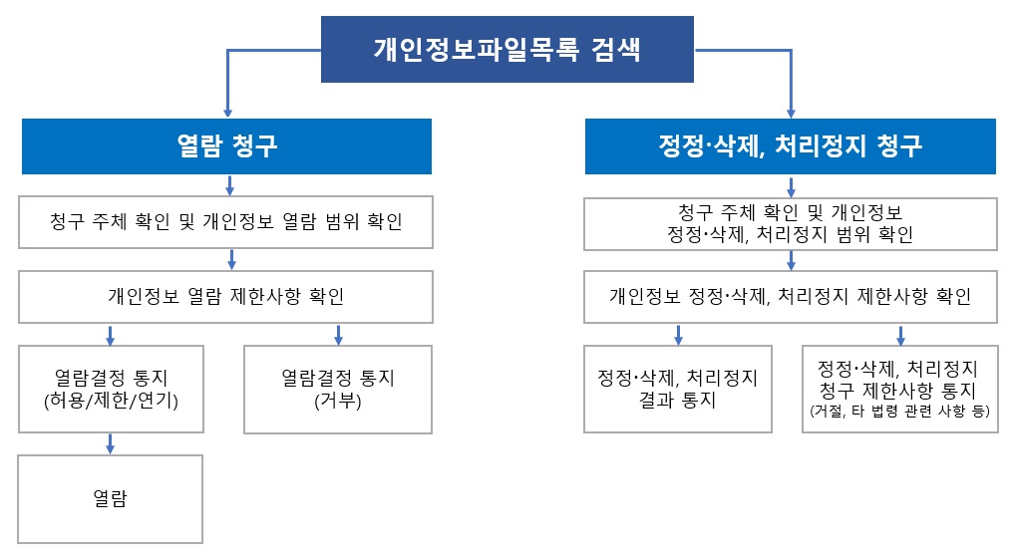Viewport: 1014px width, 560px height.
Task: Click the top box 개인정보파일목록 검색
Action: (x=507, y=49)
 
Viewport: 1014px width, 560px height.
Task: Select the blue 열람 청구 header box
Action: (x=226, y=146)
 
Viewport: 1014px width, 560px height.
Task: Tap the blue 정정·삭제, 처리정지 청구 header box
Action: (x=791, y=146)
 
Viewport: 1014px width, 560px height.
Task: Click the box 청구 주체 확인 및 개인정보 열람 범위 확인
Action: (x=225, y=222)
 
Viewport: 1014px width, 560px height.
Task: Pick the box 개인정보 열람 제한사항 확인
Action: (x=225, y=296)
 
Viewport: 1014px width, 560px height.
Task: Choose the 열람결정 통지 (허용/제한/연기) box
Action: (x=112, y=389)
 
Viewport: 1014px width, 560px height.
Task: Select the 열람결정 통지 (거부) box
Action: (x=338, y=389)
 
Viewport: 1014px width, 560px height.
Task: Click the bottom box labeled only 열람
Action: (x=110, y=498)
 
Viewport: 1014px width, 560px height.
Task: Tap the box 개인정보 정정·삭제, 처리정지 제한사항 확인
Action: (x=791, y=296)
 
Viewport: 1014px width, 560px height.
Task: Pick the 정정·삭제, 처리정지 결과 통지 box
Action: (x=678, y=389)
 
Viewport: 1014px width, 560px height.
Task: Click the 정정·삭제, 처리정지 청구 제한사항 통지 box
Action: (x=899, y=389)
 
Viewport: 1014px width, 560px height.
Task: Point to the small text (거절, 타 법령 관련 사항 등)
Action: (x=899, y=411)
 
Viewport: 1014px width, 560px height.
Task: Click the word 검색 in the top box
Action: (x=615, y=50)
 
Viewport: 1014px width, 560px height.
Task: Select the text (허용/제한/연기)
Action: (x=112, y=401)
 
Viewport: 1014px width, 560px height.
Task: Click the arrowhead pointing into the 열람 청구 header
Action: (x=227, y=113)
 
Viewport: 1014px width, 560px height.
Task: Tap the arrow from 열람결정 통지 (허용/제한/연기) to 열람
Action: (x=110, y=443)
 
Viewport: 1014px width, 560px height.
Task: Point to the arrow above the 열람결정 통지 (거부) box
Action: (x=338, y=335)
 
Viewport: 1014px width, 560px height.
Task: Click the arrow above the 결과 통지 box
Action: (x=678, y=335)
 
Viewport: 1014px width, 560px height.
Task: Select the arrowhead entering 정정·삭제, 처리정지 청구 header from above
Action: (x=791, y=113)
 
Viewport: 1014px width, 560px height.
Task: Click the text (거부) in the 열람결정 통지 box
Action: (x=338, y=401)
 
